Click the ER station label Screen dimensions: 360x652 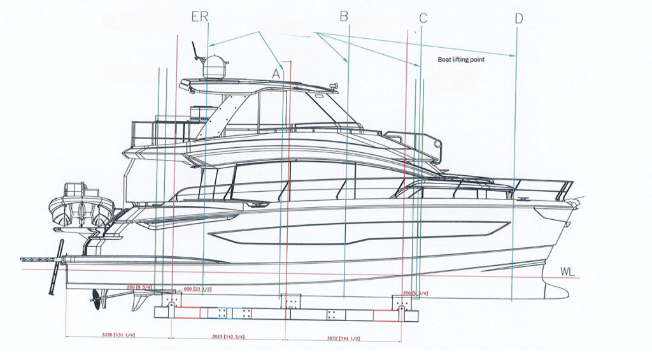click(x=200, y=17)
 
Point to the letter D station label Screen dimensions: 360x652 click(x=518, y=18)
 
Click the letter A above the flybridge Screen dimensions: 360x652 click(x=276, y=73)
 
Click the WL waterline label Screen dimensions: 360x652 click(x=567, y=272)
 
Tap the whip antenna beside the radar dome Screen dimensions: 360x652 click(x=195, y=50)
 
